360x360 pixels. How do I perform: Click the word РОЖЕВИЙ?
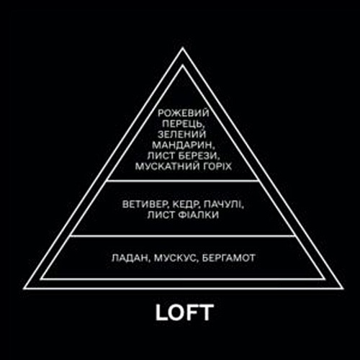(184, 113)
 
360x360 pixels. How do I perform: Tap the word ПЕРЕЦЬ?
(181, 124)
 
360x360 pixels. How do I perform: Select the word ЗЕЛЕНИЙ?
(182, 135)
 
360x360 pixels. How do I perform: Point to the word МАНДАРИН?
(182, 145)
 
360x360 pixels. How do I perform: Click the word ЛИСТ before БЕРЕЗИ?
(162, 156)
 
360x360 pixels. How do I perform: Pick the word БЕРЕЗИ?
(199, 156)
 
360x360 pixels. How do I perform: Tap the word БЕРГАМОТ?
(228, 258)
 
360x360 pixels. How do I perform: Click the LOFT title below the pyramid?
(184, 312)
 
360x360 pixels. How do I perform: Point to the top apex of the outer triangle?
(182, 48)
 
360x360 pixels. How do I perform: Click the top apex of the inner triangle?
(182, 65)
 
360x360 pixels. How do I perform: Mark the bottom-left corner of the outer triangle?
(24, 288)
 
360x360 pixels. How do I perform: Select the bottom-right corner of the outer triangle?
(342, 288)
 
